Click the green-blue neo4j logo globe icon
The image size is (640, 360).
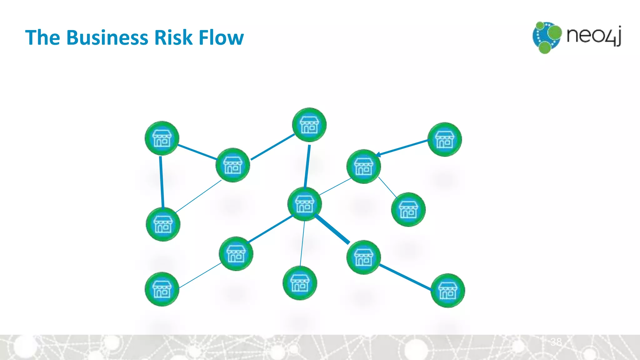546,37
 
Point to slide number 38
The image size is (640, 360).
556,342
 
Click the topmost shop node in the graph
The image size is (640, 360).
309,125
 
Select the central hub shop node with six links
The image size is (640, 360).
304,204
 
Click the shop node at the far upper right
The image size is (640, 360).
444,139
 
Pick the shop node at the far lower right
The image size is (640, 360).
447,291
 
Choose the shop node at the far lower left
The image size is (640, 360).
162,289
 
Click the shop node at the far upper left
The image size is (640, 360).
162,138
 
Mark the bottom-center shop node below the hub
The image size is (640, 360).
300,283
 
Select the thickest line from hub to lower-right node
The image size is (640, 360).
332,229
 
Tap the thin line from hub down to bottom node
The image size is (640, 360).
302,244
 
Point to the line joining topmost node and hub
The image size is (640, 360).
307,166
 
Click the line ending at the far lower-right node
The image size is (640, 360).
405,277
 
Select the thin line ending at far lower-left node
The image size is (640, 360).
200,275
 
